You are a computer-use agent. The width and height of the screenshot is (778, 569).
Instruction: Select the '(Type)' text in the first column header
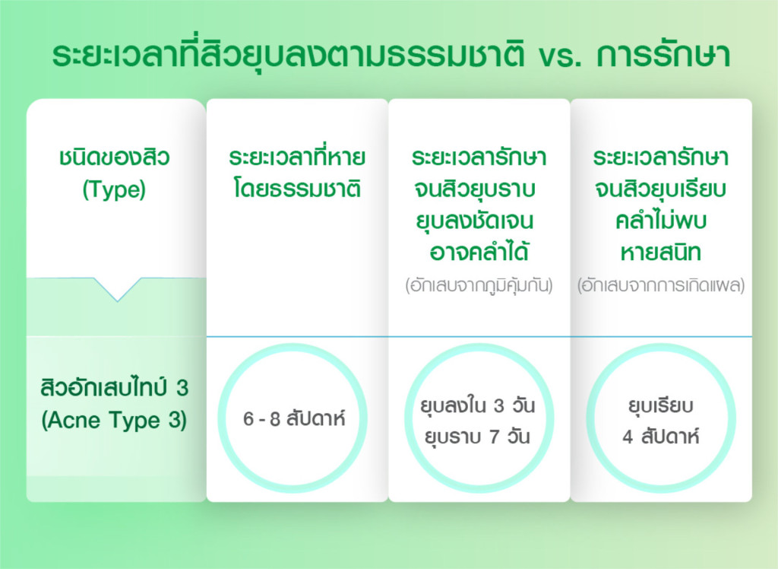pyautogui.click(x=114, y=190)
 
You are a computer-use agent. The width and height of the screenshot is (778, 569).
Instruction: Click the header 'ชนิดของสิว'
pyautogui.click(x=115, y=157)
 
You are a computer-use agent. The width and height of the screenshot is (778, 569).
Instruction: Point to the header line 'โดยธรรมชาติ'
pyautogui.click(x=297, y=189)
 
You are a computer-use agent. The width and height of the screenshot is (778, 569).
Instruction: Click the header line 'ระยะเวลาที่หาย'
pyautogui.click(x=297, y=157)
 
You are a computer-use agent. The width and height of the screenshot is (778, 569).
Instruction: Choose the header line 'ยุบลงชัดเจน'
pyautogui.click(x=475, y=221)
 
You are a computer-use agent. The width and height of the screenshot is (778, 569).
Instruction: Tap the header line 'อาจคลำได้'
pyautogui.click(x=479, y=252)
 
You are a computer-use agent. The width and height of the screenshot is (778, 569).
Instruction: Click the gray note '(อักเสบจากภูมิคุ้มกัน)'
pyautogui.click(x=479, y=285)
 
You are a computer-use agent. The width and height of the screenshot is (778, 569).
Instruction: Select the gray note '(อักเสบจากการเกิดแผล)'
pyautogui.click(x=661, y=285)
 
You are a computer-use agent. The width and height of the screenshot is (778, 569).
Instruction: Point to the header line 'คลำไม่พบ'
pyautogui.click(x=661, y=220)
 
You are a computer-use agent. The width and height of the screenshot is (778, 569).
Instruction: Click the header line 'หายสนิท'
pyautogui.click(x=661, y=253)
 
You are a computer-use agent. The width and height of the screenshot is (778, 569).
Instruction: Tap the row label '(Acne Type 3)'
pyautogui.click(x=114, y=421)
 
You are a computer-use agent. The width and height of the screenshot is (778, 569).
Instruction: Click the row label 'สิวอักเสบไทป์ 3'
pyautogui.click(x=114, y=388)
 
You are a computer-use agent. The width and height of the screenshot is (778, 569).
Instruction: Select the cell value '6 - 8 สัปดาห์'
pyautogui.click(x=294, y=418)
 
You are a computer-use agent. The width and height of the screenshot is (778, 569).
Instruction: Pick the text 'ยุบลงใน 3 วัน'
pyautogui.click(x=477, y=405)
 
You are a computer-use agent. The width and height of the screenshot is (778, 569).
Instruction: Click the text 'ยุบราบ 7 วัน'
pyautogui.click(x=477, y=437)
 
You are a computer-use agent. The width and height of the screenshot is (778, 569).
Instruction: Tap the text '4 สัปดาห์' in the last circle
pyautogui.click(x=661, y=437)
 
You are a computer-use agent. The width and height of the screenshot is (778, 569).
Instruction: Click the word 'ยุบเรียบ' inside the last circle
pyautogui.click(x=661, y=405)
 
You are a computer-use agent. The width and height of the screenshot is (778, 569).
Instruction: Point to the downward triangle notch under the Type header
pyautogui.click(x=118, y=289)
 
